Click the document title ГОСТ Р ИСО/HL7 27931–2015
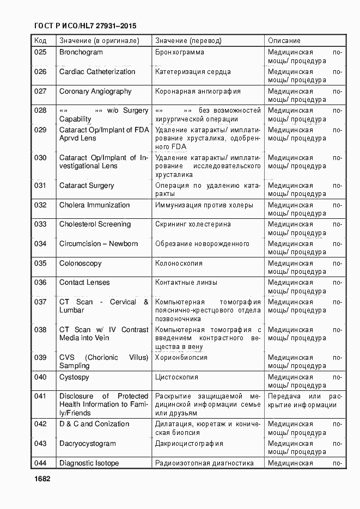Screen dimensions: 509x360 (x=85, y=26)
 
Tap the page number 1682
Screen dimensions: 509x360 (x=42, y=479)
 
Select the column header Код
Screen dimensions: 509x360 (x=40, y=41)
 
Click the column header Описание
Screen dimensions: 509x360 (x=284, y=41)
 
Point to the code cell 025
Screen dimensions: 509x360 (x=40, y=52)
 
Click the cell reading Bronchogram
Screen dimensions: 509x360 (x=81, y=52)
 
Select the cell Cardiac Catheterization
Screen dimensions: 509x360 (x=97, y=72)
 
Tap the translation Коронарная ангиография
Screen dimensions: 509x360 (x=198, y=91)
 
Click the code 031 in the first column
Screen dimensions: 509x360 (x=40, y=186)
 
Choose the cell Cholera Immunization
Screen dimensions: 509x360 (x=94, y=205)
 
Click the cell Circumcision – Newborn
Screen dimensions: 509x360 (x=99, y=244)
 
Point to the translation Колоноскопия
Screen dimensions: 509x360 (x=179, y=263)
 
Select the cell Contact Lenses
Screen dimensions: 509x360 (x=84, y=283)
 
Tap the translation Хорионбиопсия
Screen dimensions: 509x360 (x=181, y=358)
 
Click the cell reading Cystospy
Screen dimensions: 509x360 (x=74, y=377)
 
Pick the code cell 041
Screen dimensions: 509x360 (x=40, y=396)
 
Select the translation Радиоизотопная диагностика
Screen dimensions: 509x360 (x=204, y=463)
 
